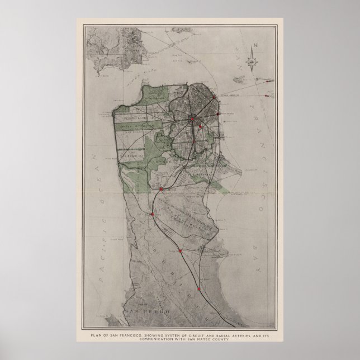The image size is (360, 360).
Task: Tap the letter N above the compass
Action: [x=254, y=46]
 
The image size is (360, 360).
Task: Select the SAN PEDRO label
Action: [x=138, y=311]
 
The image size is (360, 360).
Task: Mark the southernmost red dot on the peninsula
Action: [x=198, y=289]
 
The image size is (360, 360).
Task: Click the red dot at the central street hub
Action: [x=192, y=119]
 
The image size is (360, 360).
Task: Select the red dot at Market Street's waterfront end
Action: [x=213, y=98]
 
